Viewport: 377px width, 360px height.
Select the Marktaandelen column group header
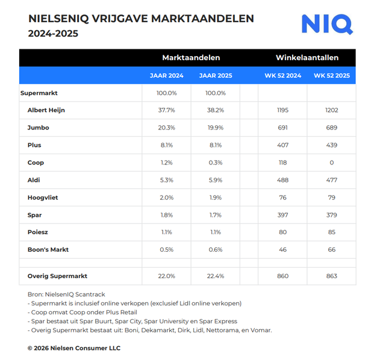coord(191,58)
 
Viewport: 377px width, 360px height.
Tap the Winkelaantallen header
coord(307,58)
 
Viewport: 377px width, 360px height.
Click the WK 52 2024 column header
coord(282,76)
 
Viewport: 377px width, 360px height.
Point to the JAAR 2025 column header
coord(215,76)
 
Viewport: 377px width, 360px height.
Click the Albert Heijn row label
coord(46,110)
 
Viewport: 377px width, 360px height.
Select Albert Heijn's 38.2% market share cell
coord(215,110)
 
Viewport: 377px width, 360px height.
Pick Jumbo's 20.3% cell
coord(167,128)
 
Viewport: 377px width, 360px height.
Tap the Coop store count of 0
coord(331,163)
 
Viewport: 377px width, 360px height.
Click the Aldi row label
coord(34,180)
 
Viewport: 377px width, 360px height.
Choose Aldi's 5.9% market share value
coord(215,180)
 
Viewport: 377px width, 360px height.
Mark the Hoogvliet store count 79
coord(331,197)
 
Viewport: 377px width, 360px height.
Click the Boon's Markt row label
coord(48,250)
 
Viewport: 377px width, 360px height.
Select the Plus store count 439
coord(331,145)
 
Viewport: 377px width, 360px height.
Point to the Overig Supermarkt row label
coord(57,276)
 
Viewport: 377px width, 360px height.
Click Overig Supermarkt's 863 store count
coord(331,276)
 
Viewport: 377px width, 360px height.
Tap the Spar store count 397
coord(282,215)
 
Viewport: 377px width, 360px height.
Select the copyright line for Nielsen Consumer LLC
coord(73,348)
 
